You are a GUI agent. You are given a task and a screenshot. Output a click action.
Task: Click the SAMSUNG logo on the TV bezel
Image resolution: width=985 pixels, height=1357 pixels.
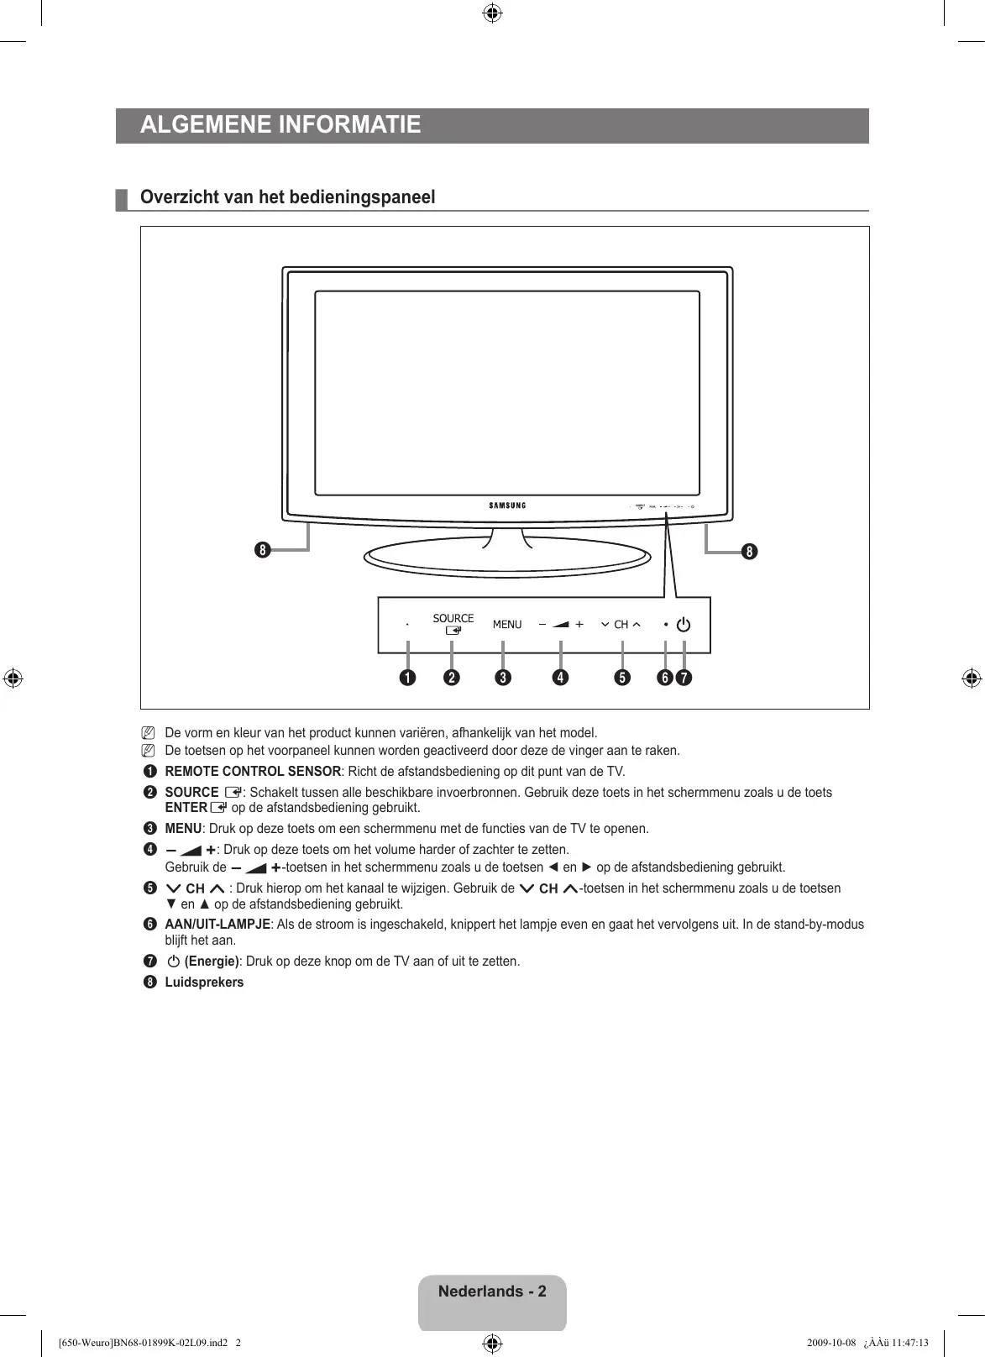(x=507, y=506)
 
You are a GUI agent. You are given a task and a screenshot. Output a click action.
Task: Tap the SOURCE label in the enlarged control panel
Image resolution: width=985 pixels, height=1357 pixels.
(x=453, y=618)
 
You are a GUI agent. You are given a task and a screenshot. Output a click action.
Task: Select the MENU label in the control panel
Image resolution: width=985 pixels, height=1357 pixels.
(x=507, y=625)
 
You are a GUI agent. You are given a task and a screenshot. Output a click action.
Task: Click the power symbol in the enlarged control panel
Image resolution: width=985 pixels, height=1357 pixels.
(x=684, y=625)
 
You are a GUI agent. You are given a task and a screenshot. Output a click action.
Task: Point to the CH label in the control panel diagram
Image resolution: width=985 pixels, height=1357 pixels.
(x=621, y=625)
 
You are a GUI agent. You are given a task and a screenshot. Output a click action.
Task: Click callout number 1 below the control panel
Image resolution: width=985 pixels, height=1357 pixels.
(x=408, y=677)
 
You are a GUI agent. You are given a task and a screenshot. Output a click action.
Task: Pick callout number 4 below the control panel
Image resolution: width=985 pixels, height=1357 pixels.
(x=559, y=677)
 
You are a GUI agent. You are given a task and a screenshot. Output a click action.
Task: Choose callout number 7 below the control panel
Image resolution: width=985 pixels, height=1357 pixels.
(x=684, y=677)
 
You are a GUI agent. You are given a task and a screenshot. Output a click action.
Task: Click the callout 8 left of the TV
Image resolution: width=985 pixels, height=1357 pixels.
(x=263, y=551)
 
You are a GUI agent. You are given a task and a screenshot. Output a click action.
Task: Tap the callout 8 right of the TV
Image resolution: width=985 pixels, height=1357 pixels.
(x=748, y=551)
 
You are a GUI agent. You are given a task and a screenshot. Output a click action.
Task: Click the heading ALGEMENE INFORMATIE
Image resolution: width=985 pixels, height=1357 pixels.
(x=280, y=125)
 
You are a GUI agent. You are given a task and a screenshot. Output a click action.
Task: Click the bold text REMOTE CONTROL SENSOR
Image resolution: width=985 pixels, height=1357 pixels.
(x=253, y=772)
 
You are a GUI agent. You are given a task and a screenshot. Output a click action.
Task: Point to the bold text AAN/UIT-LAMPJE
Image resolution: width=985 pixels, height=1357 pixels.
(x=217, y=925)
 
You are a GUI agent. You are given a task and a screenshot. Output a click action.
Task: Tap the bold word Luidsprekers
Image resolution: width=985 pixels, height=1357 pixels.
(x=204, y=982)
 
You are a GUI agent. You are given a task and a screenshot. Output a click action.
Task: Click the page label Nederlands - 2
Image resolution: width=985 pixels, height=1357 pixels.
(x=492, y=1292)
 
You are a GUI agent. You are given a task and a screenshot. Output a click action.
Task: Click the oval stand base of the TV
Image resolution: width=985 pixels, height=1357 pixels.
(x=507, y=558)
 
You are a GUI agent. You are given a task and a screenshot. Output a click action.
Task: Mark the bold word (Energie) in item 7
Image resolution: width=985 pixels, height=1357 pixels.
(x=212, y=961)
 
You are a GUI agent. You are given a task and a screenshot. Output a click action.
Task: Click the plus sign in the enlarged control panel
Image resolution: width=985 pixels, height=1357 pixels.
(x=579, y=625)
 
